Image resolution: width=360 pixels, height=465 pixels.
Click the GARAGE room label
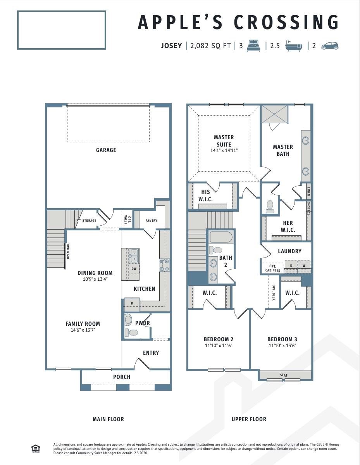point(106,150)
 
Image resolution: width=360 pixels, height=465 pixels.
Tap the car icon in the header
point(330,46)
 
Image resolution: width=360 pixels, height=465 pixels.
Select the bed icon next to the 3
point(254,46)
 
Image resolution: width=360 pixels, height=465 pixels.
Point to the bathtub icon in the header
point(293,46)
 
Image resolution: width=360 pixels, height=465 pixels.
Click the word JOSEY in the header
point(171,46)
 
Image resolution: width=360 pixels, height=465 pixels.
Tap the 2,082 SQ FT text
point(210,46)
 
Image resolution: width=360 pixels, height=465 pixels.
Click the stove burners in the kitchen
point(164,265)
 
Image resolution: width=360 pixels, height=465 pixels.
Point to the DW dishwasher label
point(134,268)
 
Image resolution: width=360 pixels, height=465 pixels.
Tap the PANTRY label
point(151,221)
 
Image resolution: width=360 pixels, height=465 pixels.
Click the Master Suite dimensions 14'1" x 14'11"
point(224,150)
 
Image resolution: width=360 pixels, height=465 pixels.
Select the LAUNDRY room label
point(289,251)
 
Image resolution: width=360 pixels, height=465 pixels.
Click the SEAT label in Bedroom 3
point(284,375)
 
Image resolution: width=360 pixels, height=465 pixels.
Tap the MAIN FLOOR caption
point(108,419)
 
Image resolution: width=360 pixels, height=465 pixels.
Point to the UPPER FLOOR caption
point(249,419)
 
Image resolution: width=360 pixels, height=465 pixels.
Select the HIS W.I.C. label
point(205,195)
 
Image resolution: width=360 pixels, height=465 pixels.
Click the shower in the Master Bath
point(274,114)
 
